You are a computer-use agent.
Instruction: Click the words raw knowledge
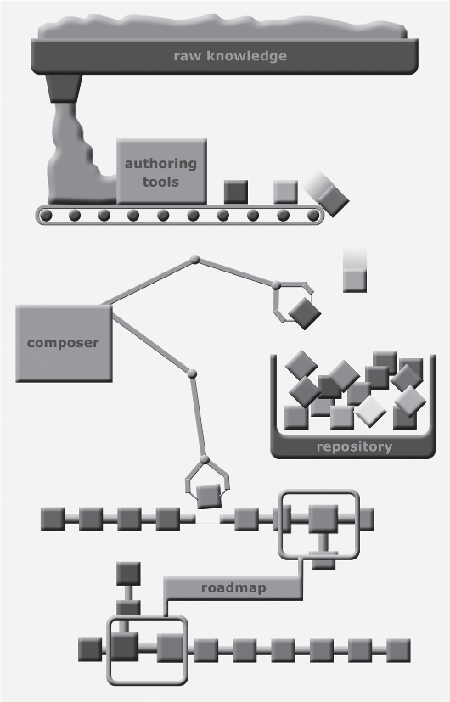[x=230, y=56]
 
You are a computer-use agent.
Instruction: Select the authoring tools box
[x=161, y=171]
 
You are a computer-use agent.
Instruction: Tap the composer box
[x=64, y=344]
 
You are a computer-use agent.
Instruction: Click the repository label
[x=354, y=446]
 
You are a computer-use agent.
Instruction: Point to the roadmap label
[x=233, y=587]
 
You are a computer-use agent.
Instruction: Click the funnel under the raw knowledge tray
[x=64, y=88]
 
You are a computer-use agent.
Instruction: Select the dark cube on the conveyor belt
[x=235, y=192]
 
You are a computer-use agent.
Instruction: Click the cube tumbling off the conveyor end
[x=332, y=200]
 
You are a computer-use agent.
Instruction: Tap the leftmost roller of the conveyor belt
[x=46, y=216]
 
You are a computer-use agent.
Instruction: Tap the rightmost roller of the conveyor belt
[x=313, y=216]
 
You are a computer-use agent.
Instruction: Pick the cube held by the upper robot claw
[x=305, y=313]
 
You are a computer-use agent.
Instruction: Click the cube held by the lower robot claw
[x=209, y=496]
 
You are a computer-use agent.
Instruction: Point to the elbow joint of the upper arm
[x=194, y=259]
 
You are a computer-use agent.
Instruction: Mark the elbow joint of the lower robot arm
[x=192, y=373]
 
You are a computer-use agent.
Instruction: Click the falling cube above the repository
[x=355, y=280]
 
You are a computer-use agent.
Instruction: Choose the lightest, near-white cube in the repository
[x=370, y=412]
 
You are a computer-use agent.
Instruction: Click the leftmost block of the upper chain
[x=53, y=519]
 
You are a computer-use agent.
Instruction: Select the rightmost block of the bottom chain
[x=398, y=650]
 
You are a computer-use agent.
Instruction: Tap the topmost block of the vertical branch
[x=128, y=574]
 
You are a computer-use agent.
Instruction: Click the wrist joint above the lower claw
[x=205, y=459]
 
